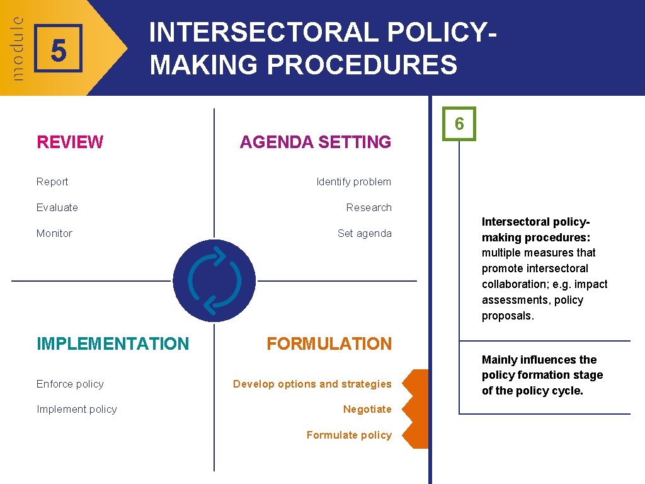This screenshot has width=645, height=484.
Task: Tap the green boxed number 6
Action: pos(459,124)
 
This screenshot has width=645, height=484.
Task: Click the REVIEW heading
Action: pos(70,142)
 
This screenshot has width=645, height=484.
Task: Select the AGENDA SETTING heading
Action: pos(315,142)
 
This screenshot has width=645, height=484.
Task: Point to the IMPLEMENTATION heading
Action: pos(113,344)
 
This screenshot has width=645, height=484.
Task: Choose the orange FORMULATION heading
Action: pos(329,344)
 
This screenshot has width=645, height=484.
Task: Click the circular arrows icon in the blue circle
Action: pos(214,280)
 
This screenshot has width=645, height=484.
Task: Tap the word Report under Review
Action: pos(52,182)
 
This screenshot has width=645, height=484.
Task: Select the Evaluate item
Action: pos(57,208)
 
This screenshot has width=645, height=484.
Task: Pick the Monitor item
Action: pos(54,234)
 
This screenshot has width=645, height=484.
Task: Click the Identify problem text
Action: pos(353,182)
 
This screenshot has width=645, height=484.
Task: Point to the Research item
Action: pos(368,208)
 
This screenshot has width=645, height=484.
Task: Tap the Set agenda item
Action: pos(364,234)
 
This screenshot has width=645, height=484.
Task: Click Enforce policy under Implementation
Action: pos(70,384)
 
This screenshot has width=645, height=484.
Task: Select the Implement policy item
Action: pos(77,410)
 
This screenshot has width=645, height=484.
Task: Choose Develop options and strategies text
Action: pos(312,384)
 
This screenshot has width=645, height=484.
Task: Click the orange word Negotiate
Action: pos(367,410)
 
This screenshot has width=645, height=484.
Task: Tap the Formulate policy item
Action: pos(349,435)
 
